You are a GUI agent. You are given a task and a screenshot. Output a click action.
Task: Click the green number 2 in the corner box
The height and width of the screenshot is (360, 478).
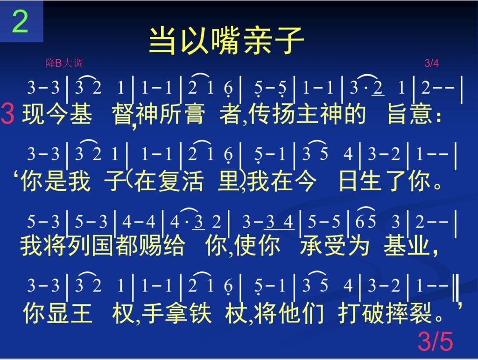pos(20,21)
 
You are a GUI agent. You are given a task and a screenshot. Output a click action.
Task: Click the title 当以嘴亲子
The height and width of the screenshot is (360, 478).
pos(226,40)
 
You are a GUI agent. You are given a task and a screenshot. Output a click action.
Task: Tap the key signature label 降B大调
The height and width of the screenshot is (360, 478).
pos(64,63)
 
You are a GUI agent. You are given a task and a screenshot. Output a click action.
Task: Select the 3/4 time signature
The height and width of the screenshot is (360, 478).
pos(431,63)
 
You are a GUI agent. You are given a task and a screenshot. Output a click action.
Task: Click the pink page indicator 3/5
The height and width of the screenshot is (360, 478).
pos(435,341)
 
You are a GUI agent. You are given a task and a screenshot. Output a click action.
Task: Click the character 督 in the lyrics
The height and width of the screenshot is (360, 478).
pos(123,114)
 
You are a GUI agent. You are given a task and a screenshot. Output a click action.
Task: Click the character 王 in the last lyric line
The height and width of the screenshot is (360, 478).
pos(81,313)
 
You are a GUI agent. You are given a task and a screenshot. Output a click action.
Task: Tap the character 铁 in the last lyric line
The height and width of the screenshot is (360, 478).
pos(200,313)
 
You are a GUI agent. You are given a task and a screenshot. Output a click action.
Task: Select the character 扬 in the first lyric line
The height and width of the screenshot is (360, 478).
pos(283,114)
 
